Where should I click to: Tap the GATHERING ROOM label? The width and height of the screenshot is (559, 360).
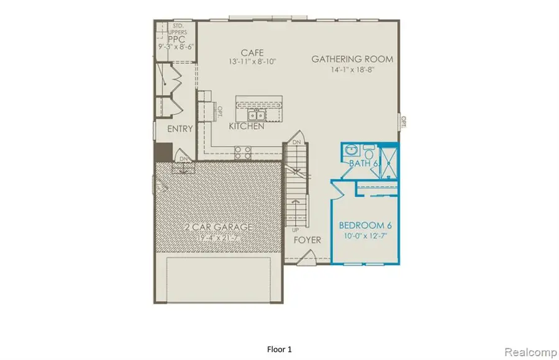(x=352, y=60)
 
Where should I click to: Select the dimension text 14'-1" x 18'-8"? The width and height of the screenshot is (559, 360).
(x=353, y=71)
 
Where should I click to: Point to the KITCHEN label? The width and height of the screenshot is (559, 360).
(x=247, y=127)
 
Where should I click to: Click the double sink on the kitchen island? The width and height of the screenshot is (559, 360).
(x=255, y=115)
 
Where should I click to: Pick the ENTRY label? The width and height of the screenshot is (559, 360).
(x=180, y=129)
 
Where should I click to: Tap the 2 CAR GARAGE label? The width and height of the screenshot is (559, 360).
(x=217, y=227)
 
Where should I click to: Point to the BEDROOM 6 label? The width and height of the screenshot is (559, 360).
(x=364, y=225)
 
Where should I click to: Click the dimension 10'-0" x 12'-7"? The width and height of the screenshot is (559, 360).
(x=364, y=236)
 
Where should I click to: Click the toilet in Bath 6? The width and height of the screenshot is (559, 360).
(x=369, y=151)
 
